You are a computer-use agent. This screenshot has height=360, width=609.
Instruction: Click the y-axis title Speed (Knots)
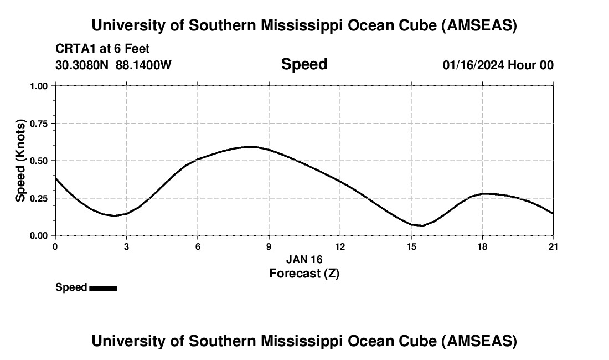[x=20, y=161]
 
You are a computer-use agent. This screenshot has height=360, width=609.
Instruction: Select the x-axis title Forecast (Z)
[x=304, y=273]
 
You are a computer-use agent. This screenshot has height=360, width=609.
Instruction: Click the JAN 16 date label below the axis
[x=304, y=259]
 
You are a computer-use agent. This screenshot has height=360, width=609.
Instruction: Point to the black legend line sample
[x=103, y=288]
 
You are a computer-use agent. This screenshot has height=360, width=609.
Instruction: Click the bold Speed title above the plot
[x=304, y=64]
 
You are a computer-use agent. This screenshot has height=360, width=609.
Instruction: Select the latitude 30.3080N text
[x=82, y=65]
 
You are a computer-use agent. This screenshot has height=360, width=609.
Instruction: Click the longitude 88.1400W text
[x=143, y=65]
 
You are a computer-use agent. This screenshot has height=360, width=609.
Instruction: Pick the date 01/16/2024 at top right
[x=473, y=65]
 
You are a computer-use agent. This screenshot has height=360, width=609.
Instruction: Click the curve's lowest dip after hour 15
[x=422, y=225]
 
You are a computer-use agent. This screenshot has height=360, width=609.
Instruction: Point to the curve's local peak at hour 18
[x=484, y=193]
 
